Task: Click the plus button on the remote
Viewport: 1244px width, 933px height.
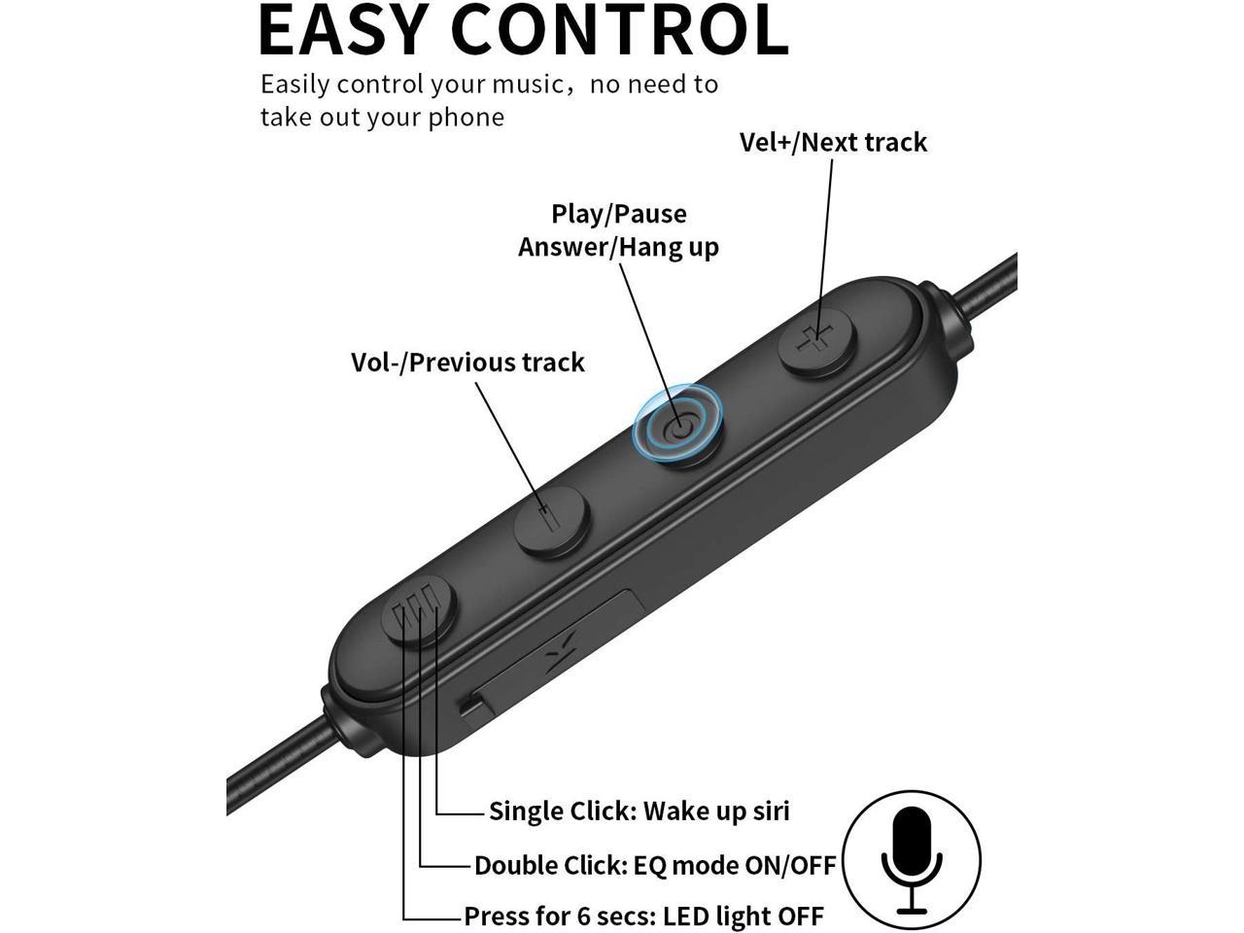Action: (x=816, y=340)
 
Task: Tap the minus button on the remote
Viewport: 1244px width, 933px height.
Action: (x=550, y=520)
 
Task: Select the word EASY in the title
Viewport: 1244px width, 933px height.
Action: (x=342, y=30)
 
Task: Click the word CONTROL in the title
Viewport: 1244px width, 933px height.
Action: (x=620, y=30)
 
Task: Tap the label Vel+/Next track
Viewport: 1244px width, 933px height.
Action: (x=833, y=142)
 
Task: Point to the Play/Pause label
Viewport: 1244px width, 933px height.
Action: (x=619, y=214)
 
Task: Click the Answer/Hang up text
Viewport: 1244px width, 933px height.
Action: (x=618, y=248)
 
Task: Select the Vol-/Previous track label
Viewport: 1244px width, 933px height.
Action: (x=467, y=363)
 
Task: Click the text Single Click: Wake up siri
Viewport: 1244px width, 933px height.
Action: (x=639, y=811)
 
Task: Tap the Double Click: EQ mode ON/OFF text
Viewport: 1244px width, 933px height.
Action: (x=655, y=866)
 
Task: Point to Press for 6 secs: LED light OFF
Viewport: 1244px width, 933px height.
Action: (x=643, y=916)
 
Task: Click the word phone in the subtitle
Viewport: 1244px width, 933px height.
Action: (x=466, y=118)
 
